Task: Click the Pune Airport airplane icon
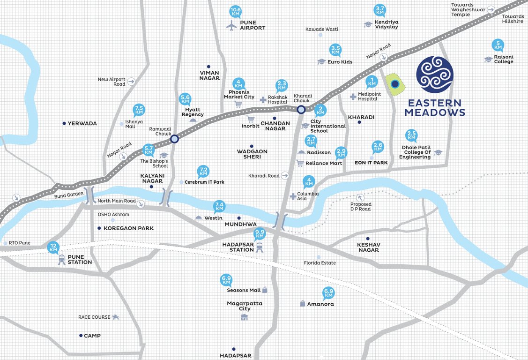[x=231, y=26]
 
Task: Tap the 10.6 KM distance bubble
[x=236, y=11]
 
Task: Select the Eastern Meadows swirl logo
[x=435, y=75]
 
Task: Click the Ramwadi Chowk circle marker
[x=174, y=139]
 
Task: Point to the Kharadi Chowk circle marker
[x=301, y=109]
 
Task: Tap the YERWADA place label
[x=82, y=124]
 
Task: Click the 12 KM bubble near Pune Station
[x=53, y=247]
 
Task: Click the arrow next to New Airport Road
[x=131, y=82]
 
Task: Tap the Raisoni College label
[x=504, y=59]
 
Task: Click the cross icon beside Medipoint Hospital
[x=353, y=97]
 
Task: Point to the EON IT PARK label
[x=371, y=163]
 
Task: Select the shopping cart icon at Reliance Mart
[x=300, y=163]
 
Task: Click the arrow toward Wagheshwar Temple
[x=491, y=9]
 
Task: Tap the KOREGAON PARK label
[x=125, y=228]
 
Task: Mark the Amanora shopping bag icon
[x=303, y=304]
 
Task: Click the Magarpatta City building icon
[x=244, y=317]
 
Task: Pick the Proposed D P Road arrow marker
[x=360, y=197]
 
